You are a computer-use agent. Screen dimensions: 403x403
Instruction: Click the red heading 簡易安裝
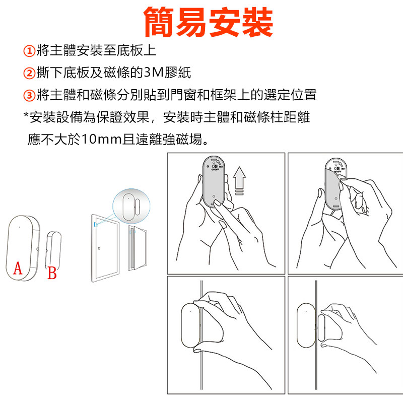click(x=208, y=22)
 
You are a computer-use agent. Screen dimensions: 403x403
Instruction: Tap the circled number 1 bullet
click(x=29, y=51)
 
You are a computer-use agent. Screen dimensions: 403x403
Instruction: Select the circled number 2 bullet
click(x=29, y=73)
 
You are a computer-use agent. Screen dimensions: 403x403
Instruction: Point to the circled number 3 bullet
click(x=29, y=96)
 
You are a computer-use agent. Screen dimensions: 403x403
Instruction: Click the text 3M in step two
click(x=154, y=73)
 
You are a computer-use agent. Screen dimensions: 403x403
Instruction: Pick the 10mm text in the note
click(x=101, y=140)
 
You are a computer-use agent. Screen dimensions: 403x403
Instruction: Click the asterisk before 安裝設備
click(x=26, y=114)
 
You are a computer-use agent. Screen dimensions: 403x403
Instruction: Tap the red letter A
click(x=18, y=268)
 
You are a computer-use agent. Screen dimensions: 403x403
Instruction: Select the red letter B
click(x=52, y=273)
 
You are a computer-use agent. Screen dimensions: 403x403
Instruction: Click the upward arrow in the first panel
click(x=239, y=180)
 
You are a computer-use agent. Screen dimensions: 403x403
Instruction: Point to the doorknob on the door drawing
click(x=99, y=248)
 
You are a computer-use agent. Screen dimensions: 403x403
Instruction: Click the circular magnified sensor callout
click(x=131, y=206)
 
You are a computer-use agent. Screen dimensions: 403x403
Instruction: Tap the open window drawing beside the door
click(x=138, y=248)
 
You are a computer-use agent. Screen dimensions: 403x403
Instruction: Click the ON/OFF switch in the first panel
click(x=215, y=166)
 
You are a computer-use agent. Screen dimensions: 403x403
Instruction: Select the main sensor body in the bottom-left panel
click(x=191, y=325)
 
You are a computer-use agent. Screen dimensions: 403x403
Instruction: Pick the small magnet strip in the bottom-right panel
click(x=321, y=328)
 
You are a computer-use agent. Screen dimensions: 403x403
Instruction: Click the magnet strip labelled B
click(x=53, y=249)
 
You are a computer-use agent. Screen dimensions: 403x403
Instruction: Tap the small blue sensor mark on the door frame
click(x=96, y=224)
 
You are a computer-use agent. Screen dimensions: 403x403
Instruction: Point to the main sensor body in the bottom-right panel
click(x=306, y=325)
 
